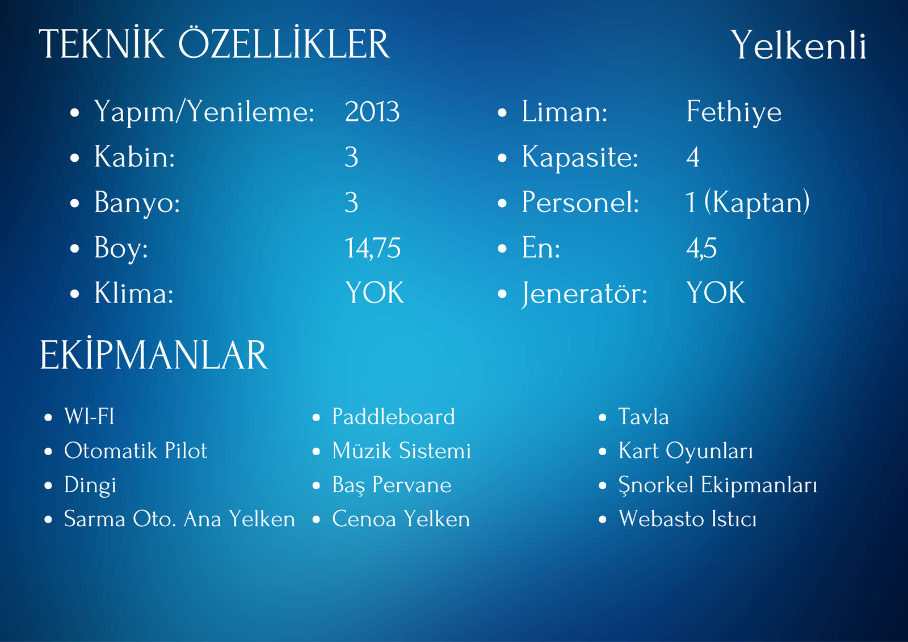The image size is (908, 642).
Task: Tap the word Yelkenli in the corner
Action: tap(798, 45)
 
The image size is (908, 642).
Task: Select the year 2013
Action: tap(372, 111)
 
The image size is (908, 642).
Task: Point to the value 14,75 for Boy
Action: tap(372, 248)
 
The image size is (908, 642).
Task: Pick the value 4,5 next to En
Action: tap(701, 248)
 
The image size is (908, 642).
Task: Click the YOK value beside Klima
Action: tap(375, 292)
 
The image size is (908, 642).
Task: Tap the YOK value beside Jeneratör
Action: tap(716, 292)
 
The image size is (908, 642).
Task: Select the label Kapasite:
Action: tap(580, 157)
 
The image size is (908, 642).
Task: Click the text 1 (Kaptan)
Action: tap(747, 202)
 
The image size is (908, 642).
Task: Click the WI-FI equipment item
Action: tap(89, 417)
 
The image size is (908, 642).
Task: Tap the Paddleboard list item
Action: tap(394, 417)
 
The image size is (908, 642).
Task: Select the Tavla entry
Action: tap(644, 417)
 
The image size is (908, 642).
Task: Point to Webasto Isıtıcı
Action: tap(687, 519)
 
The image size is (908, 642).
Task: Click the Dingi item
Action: tap(90, 485)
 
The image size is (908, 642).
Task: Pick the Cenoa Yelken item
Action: tap(401, 519)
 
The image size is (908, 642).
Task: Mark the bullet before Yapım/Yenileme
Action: tap(74, 113)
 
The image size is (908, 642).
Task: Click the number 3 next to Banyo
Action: tap(351, 203)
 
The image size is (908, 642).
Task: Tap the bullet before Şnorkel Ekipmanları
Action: tap(603, 485)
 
